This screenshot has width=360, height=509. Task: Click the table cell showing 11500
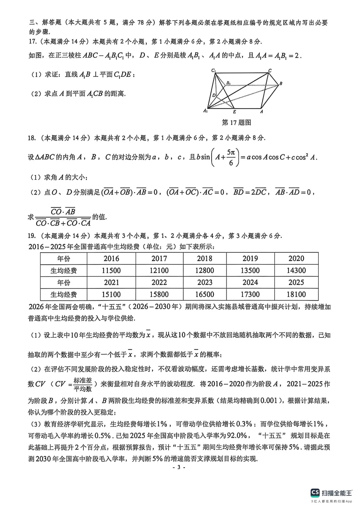pyautogui.click(x=111, y=270)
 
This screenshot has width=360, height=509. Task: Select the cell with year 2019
pyautogui.click(x=250, y=258)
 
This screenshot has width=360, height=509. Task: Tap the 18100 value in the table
pyautogui.click(x=296, y=294)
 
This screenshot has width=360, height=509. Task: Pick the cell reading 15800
pyautogui.click(x=159, y=294)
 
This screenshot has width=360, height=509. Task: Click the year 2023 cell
pyautogui.click(x=205, y=282)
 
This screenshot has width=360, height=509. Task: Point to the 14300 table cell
pyautogui.click(x=296, y=270)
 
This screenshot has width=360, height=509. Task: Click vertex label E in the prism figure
pyautogui.click(x=234, y=112)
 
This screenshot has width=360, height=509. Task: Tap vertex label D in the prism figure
pyautogui.click(x=214, y=95)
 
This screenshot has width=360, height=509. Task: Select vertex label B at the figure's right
pyautogui.click(x=281, y=84)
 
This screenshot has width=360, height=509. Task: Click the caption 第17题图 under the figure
pyautogui.click(x=236, y=123)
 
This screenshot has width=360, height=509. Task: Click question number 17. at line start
pyautogui.click(x=32, y=42)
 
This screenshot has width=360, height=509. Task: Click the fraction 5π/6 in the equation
pyautogui.click(x=231, y=157)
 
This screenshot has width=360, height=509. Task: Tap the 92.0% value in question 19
pyautogui.click(x=237, y=436)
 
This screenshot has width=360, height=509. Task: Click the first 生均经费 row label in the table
pyautogui.click(x=63, y=270)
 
